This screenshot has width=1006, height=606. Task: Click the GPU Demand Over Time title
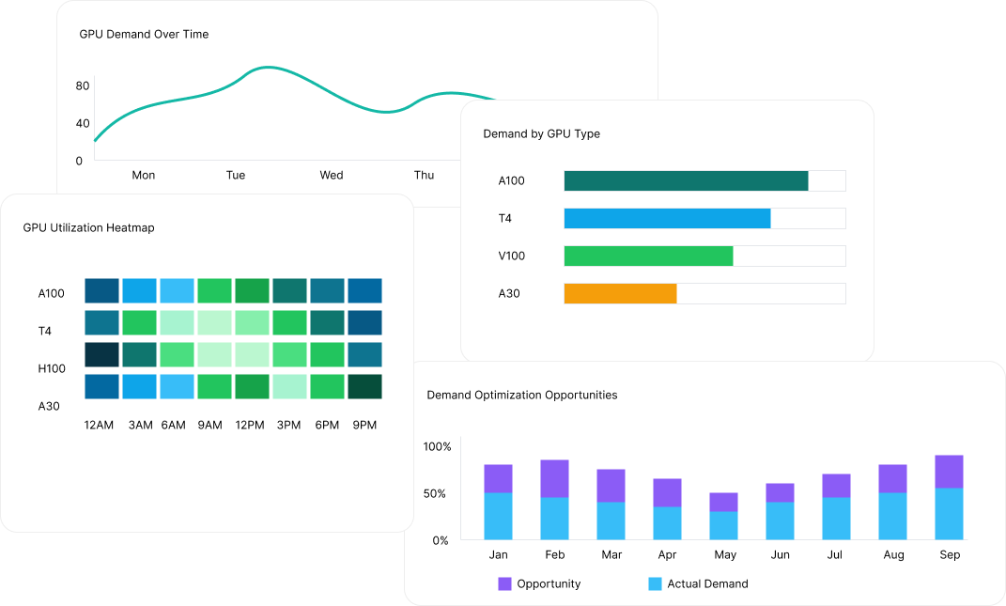click(144, 34)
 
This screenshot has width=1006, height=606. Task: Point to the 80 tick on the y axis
click(83, 85)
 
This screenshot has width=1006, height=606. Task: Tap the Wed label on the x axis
click(331, 175)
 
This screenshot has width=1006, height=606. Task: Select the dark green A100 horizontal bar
click(686, 180)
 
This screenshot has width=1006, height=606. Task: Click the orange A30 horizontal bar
click(620, 293)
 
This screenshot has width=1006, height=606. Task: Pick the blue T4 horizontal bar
click(667, 218)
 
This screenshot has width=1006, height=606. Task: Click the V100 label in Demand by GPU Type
click(512, 256)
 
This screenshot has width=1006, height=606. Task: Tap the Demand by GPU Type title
click(541, 133)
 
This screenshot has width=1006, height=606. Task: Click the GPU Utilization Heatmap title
click(88, 227)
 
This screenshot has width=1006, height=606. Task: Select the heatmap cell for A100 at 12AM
click(101, 290)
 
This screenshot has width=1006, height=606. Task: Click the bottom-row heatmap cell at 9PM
click(364, 386)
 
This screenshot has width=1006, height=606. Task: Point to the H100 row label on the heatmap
click(52, 368)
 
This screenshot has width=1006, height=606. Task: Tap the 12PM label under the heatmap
click(250, 425)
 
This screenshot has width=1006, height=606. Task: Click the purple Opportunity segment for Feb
click(554, 478)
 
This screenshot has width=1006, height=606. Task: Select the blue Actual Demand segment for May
click(723, 525)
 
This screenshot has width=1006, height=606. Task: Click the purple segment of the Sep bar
click(949, 472)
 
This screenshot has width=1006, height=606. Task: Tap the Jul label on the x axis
click(836, 554)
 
